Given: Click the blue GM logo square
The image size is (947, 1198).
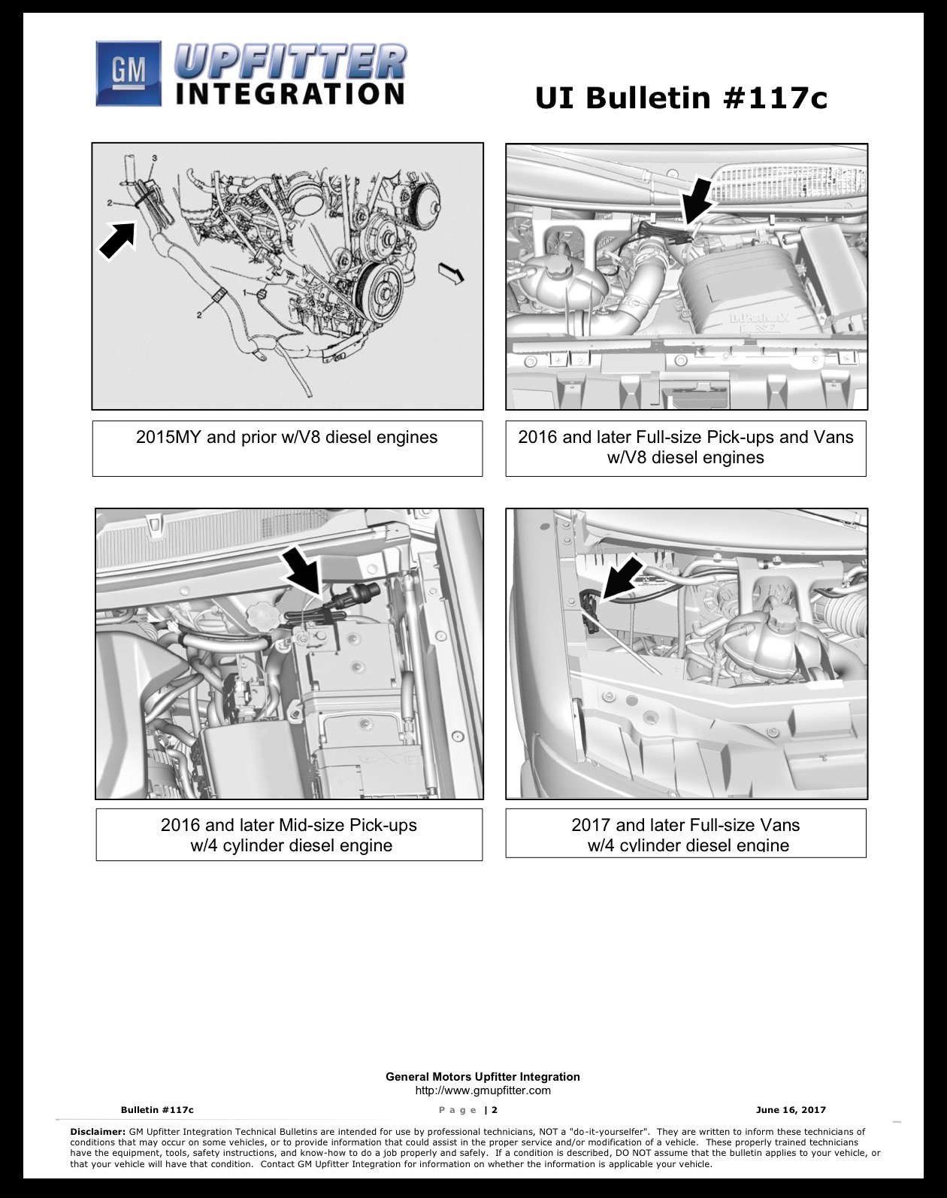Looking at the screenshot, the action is coord(129,74).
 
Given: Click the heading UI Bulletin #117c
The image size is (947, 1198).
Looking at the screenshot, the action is coord(681,99).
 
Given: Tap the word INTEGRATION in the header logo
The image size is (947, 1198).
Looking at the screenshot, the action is coord(290,93).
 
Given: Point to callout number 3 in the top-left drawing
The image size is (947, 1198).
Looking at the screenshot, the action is coord(155,158).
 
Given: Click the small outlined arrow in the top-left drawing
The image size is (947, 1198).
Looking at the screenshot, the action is coord(451,273).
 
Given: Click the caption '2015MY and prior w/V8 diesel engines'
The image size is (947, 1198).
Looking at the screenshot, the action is coord(286,438).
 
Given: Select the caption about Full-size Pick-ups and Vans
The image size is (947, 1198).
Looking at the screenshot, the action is coord(685,447).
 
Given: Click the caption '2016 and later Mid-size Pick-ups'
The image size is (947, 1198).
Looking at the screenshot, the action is coord(289,825).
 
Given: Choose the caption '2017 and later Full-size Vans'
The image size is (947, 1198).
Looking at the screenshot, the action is coord(685,825).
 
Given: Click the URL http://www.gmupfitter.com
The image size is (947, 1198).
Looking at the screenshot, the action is coord(483,1090).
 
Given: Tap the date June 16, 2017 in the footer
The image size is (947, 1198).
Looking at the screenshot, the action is coord(791,1110).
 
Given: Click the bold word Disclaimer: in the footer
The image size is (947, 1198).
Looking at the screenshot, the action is coord(98,1131).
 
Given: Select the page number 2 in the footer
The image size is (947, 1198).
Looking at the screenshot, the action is coord(495,1110).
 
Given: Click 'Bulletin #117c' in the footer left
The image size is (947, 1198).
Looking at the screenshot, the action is coord(157,1110).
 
